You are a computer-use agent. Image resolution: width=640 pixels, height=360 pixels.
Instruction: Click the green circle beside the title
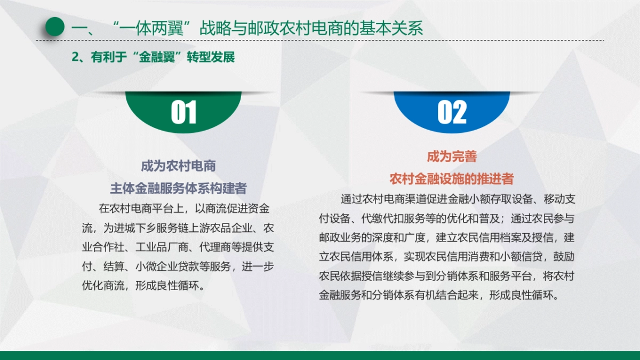[x=54, y=27]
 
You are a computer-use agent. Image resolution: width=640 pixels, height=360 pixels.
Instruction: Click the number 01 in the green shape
[x=183, y=113]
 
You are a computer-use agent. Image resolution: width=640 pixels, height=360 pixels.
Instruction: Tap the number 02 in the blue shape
[x=452, y=113]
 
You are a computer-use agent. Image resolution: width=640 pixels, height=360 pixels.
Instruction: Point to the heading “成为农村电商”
[x=178, y=166]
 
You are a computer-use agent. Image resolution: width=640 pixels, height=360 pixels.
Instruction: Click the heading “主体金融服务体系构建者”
[x=178, y=188]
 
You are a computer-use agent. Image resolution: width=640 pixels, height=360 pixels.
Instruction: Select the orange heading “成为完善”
[x=451, y=157]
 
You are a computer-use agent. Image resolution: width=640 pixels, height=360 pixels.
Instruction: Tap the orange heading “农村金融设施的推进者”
[x=451, y=178]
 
